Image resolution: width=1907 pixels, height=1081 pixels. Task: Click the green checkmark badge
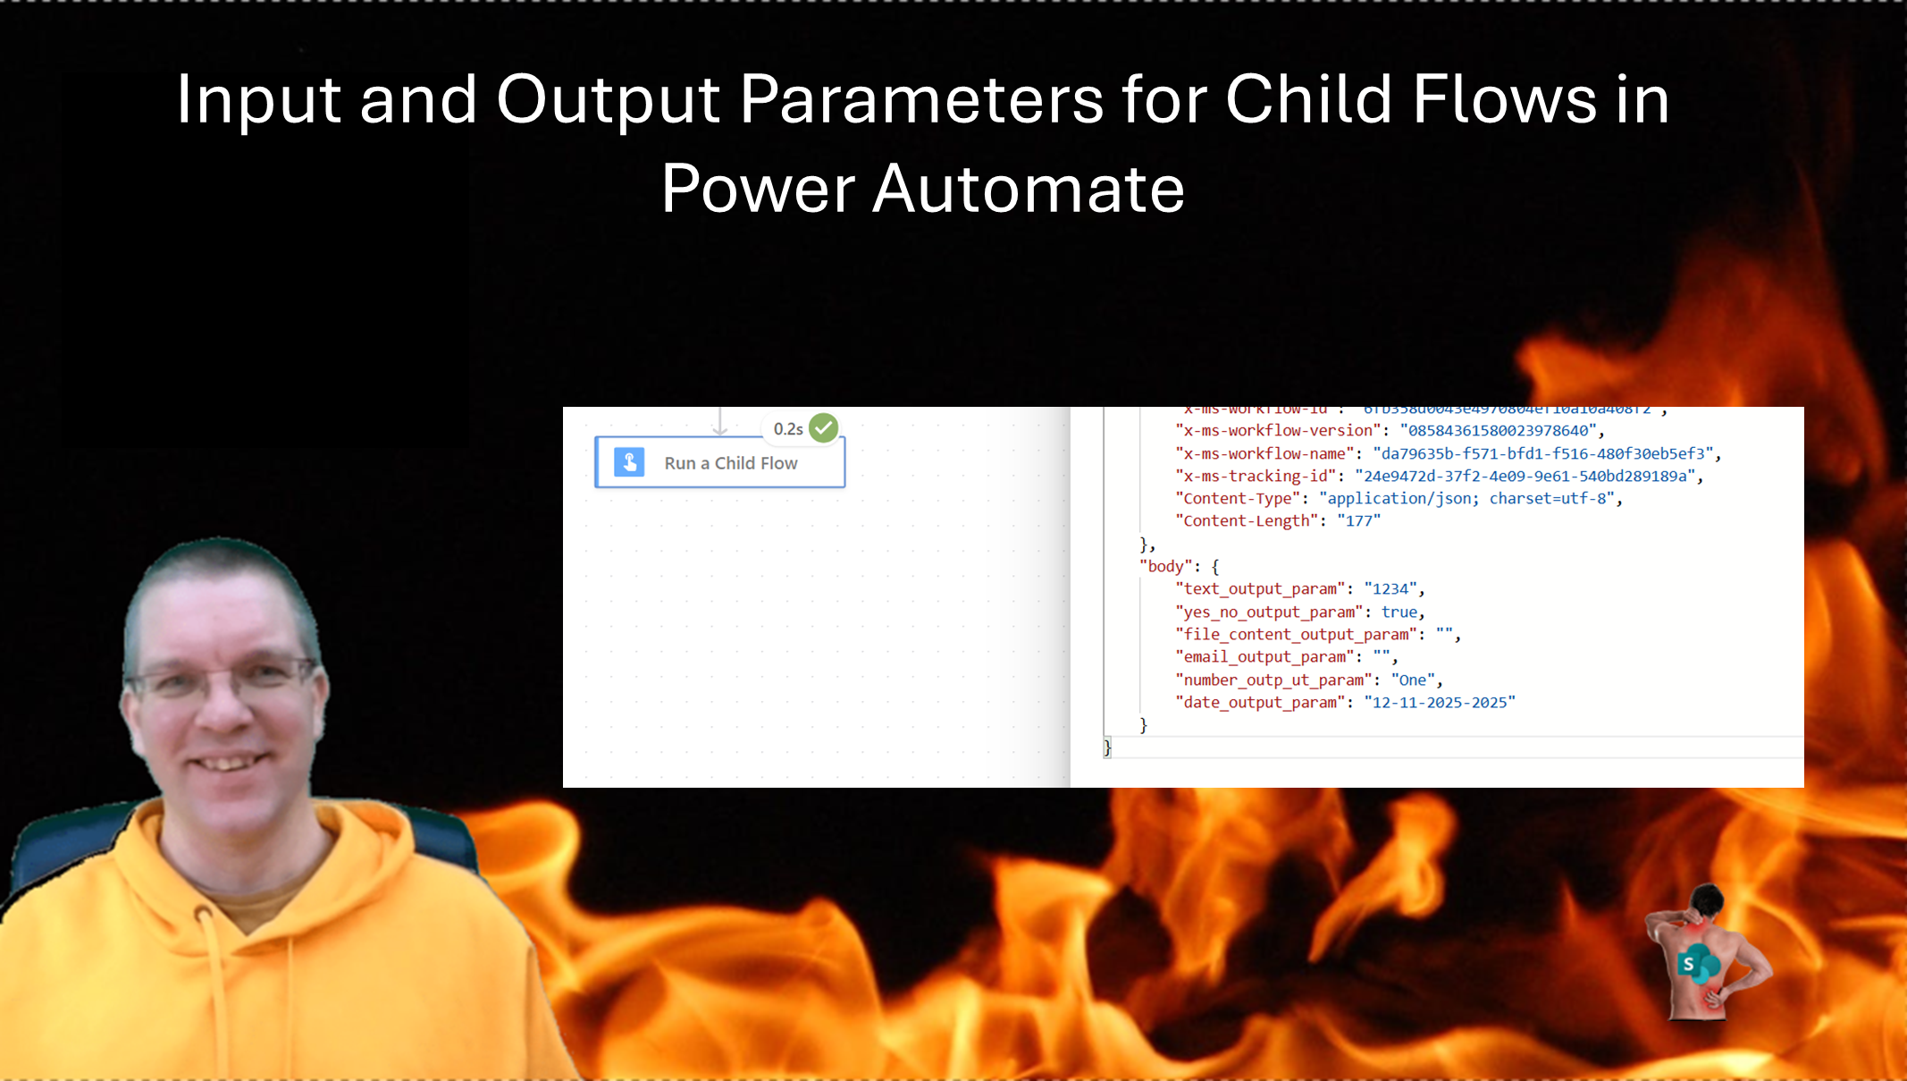pos(823,428)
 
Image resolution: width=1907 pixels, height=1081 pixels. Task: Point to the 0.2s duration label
pos(787,429)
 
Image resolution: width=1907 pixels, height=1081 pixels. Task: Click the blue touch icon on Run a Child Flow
pos(629,462)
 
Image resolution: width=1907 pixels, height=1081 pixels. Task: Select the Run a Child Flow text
pos(730,463)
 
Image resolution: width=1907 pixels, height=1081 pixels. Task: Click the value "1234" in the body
pos(1390,589)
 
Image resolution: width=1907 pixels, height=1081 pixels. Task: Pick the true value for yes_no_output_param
pos(1399,612)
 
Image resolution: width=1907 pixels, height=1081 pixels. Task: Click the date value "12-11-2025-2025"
pos(1439,703)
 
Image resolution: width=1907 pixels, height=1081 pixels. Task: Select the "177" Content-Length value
pos(1358,521)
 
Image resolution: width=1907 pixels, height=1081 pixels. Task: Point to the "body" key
pos(1165,566)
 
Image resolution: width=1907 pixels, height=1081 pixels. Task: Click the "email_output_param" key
pos(1264,657)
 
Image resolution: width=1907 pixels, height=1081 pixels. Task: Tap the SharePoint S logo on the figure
pos(1688,964)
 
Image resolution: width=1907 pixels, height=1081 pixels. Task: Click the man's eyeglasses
pos(223,680)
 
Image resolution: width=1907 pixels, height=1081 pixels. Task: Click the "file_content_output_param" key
pos(1297,635)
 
